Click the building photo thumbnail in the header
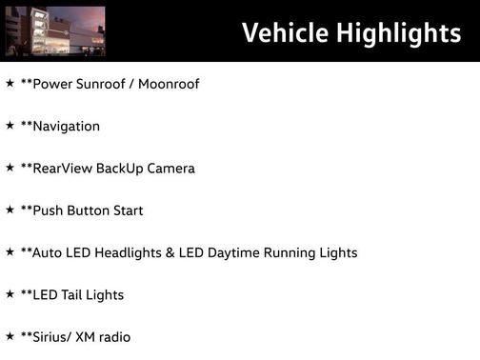(53, 30)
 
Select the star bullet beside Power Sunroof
(10, 84)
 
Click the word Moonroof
(169, 84)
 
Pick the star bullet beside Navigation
(10, 126)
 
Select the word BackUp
(119, 169)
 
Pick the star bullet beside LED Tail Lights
(10, 294)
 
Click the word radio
(113, 336)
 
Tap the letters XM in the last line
(83, 336)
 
